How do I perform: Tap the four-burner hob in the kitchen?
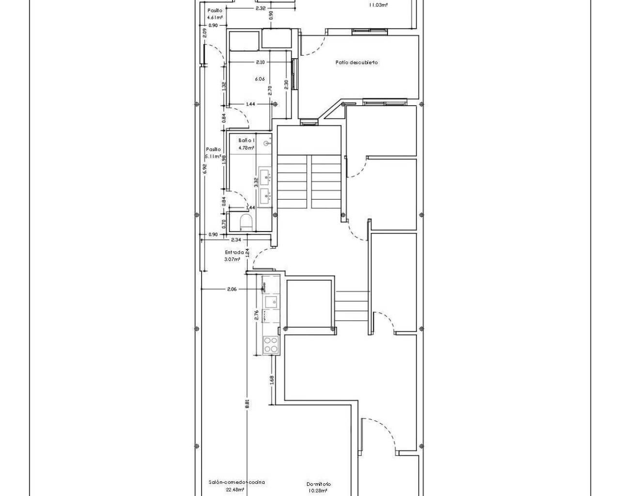(x=270, y=345)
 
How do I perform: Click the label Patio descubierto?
(x=357, y=62)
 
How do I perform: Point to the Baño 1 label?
(x=246, y=140)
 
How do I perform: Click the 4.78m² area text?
(x=246, y=148)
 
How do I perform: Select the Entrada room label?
(x=234, y=252)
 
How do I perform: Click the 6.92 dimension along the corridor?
(x=205, y=168)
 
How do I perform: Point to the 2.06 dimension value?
(x=232, y=289)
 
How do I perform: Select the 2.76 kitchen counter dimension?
(x=257, y=315)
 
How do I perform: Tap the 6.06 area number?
(x=260, y=79)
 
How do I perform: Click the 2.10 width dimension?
(x=260, y=62)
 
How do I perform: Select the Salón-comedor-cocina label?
(x=230, y=482)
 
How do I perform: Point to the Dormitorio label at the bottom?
(x=319, y=484)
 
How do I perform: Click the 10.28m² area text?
(x=318, y=491)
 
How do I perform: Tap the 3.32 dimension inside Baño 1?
(x=256, y=182)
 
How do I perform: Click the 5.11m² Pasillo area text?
(x=213, y=156)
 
